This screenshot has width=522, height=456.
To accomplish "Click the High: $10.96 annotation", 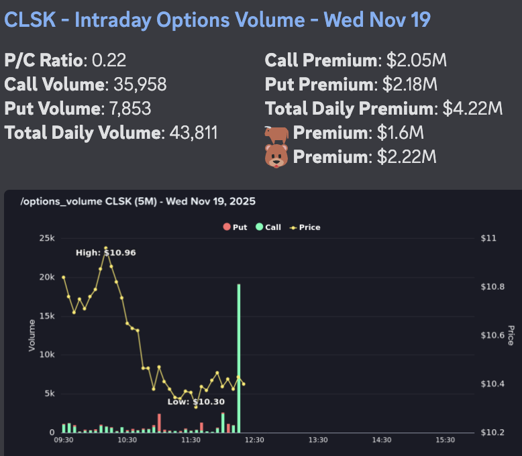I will [105, 253].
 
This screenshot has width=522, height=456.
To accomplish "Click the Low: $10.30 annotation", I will [196, 402].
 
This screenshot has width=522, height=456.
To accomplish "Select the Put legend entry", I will [235, 227].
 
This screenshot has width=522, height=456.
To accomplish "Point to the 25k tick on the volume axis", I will [47, 238].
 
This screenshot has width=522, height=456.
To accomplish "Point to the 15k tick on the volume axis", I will [47, 316].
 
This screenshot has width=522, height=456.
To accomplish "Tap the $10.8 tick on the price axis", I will [494, 287].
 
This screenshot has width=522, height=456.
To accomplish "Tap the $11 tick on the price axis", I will [489, 238].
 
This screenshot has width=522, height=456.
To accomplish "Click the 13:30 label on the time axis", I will [318, 440].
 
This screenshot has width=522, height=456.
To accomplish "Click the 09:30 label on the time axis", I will [64, 440].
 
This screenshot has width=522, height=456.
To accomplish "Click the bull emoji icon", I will [276, 133].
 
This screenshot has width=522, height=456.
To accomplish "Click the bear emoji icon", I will [276, 157].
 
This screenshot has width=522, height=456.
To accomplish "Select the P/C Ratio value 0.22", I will [109, 61].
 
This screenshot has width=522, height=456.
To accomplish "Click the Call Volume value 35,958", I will [136, 85].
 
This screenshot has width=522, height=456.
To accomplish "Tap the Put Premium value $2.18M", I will [409, 85].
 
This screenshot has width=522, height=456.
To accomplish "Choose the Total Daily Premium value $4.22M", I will [472, 109].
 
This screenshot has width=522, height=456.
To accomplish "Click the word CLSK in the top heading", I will [31, 19].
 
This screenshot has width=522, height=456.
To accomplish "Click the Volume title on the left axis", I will [32, 335].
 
